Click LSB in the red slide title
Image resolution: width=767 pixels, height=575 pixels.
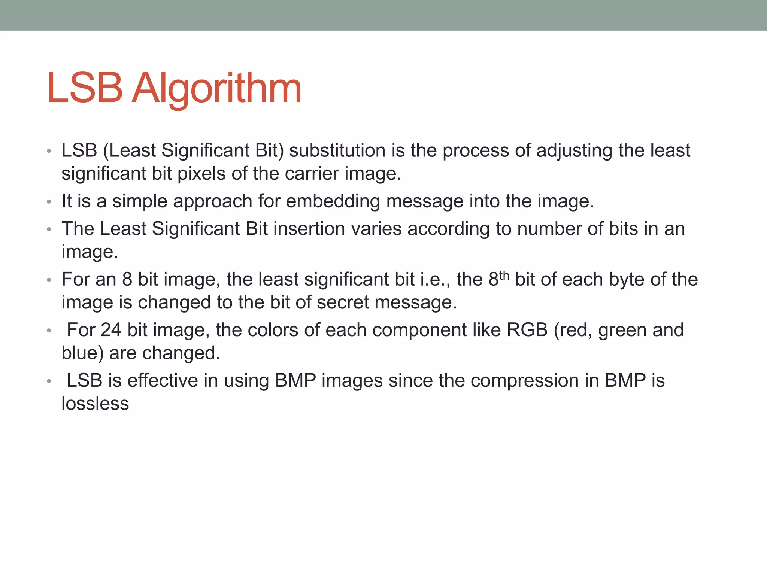click(85, 88)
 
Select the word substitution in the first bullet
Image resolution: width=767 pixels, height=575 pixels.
click(337, 150)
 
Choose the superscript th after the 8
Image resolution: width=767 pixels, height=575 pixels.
click(504, 276)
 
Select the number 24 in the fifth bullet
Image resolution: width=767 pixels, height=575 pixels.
click(111, 330)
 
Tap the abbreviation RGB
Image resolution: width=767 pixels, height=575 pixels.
click(527, 330)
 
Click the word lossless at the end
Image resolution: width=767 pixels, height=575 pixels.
click(95, 404)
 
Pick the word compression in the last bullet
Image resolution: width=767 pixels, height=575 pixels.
click(524, 381)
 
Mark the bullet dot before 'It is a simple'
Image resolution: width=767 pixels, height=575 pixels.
click(49, 202)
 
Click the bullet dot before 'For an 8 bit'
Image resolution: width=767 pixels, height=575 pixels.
click(49, 280)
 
